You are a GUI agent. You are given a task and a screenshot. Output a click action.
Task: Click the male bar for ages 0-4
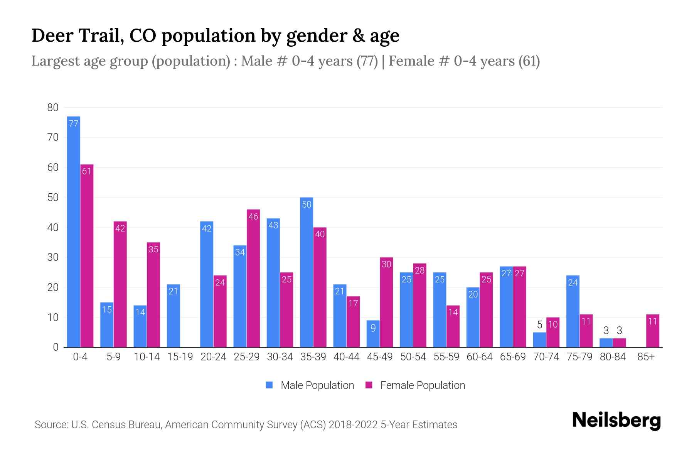(73, 231)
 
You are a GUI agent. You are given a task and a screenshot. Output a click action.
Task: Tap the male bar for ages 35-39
(307, 272)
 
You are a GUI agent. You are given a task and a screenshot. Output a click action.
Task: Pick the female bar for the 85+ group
(653, 331)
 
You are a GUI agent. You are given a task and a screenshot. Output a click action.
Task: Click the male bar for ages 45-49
(373, 334)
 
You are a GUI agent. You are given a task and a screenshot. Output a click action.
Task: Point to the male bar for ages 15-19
(173, 316)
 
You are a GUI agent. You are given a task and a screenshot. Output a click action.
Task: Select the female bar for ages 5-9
(120, 284)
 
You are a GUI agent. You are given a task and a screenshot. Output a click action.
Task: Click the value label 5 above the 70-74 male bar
(539, 325)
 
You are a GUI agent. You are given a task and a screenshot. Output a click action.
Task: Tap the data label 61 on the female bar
(87, 171)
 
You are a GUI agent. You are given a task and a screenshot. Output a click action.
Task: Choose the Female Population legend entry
(415, 385)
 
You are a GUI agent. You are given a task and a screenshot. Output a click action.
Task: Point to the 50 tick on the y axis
(53, 198)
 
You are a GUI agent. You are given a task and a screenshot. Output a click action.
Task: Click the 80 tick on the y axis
(53, 108)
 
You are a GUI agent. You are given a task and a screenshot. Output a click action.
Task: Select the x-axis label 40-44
(346, 357)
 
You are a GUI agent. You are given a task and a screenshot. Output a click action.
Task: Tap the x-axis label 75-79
(579, 357)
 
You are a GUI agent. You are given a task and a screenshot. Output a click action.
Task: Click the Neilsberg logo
(616, 420)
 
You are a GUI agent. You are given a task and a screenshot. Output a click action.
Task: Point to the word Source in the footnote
(51, 425)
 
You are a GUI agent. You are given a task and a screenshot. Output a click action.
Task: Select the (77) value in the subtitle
(367, 61)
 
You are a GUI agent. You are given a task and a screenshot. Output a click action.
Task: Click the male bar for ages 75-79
(573, 311)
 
